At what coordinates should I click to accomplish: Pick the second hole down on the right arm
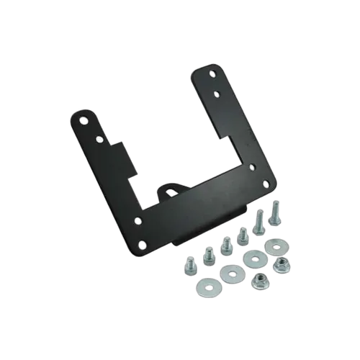(217, 92)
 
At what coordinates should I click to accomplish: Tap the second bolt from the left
(209, 253)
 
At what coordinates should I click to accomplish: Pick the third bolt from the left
(225, 244)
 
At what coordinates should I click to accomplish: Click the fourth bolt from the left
(243, 234)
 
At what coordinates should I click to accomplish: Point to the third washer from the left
(253, 258)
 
